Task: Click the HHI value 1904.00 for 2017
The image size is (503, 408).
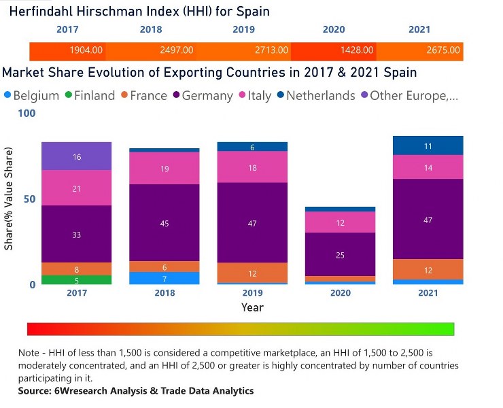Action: pos(86,50)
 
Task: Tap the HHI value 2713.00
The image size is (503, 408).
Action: pos(271,50)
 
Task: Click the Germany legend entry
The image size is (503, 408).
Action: pos(201,96)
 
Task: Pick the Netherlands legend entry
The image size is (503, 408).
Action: pos(314,96)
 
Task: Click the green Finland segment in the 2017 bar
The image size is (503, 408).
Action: pos(77,279)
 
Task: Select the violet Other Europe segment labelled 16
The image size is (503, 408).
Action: pos(77,156)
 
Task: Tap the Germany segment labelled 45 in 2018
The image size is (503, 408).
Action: pos(164,223)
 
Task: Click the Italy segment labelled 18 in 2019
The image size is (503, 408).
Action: pos(252,167)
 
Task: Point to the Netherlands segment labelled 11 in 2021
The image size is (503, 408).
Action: pos(428,146)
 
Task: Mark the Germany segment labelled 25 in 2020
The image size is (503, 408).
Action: pos(340,254)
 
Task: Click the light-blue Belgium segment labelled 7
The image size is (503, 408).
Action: pos(164,278)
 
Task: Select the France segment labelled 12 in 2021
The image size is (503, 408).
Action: pos(428,269)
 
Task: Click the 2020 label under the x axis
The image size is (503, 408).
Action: pos(340,293)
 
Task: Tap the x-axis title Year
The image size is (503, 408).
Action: pos(252,307)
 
